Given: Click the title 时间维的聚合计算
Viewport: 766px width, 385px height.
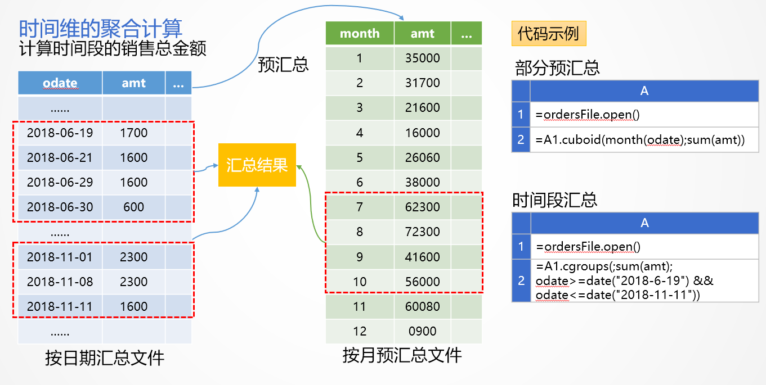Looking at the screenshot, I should tap(101, 28).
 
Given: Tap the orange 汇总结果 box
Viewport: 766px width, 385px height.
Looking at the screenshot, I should tap(257, 165).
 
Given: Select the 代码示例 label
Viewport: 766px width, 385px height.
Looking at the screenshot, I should tap(548, 34).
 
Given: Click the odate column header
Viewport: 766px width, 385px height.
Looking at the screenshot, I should tap(60, 83).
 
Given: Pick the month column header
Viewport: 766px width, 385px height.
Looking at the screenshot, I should tap(360, 34).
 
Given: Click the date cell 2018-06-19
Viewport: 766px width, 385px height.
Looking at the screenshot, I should tap(60, 133).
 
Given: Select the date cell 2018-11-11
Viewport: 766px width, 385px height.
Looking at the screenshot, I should tap(60, 306).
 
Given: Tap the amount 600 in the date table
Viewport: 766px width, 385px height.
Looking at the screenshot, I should tap(133, 207).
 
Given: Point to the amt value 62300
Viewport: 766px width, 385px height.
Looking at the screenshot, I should tap(422, 207).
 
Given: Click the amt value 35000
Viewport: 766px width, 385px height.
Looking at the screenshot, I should tap(422, 58).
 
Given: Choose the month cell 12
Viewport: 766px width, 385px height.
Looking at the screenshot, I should tap(360, 331).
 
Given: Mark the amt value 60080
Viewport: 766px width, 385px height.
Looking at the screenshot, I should tap(422, 306).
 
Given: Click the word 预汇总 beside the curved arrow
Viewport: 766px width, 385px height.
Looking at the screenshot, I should tap(283, 64).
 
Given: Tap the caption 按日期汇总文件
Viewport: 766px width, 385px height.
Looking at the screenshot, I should tap(105, 357).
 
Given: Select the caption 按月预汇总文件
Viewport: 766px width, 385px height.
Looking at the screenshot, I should tap(402, 355).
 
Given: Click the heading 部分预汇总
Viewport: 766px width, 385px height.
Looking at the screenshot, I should tap(557, 68).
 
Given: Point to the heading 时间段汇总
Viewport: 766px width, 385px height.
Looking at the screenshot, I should tap(554, 200).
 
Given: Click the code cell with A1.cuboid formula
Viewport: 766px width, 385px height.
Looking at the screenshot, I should tap(644, 140).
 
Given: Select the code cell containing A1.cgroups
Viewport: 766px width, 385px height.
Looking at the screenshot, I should tap(644, 280).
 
